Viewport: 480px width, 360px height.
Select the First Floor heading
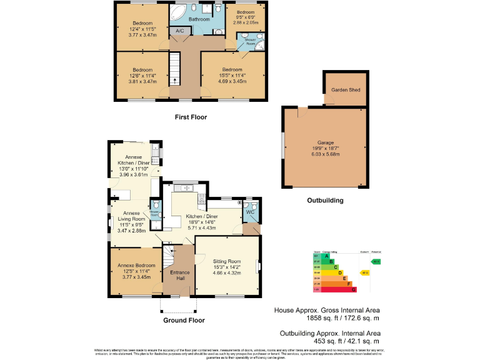(x=191, y=117)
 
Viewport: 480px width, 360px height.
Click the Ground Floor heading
(x=184, y=320)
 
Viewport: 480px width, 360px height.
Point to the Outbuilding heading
(x=324, y=201)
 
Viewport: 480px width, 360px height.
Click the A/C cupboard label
(x=179, y=31)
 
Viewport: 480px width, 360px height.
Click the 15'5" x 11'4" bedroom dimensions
(x=231, y=76)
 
